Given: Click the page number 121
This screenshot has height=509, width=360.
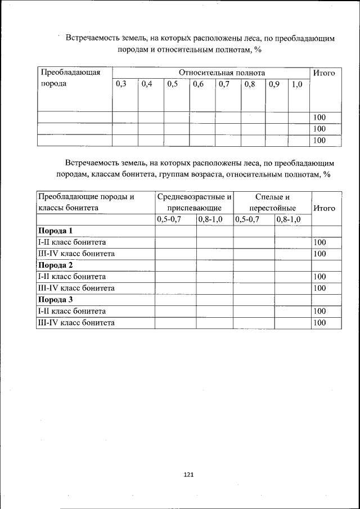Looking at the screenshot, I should pos(188,475).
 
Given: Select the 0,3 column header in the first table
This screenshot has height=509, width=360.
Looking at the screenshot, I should pos(121,84).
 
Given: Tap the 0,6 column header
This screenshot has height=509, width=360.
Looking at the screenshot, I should pos(198,84).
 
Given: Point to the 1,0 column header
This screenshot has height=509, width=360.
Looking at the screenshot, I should pos(297,84).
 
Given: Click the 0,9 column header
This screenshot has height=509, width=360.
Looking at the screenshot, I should pos(274,84).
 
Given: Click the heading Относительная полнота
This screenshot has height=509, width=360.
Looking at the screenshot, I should pos(222,73).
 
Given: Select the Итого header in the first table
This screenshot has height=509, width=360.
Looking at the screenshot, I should pos(324,73).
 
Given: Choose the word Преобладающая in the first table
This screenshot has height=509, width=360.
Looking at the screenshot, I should pos(69,73).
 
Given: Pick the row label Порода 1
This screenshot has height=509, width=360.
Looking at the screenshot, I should pos(55,231).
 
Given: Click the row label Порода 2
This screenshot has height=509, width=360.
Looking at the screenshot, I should pos(55,265).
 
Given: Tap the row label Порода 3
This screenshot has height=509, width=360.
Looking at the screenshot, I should pos(55,300).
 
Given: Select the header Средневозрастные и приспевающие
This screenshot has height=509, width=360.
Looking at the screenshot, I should pos(194,202).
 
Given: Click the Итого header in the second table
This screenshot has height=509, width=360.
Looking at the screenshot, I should pos(324,208).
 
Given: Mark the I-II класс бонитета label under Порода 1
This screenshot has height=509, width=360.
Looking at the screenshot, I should pos(71,242).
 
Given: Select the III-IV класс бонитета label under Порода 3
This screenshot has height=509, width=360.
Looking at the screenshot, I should pos(76,323).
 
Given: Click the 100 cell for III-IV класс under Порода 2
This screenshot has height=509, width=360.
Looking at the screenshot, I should pos(320,288).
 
